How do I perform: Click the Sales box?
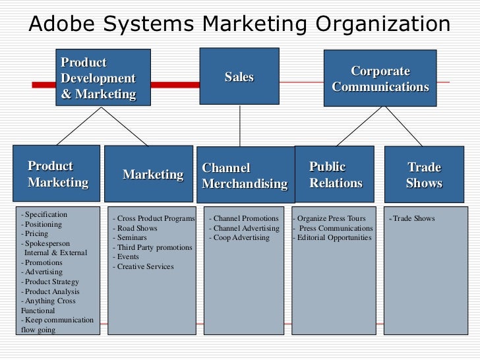[x=239, y=76]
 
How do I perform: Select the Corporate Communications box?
[x=380, y=78]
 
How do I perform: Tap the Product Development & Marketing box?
[x=102, y=78]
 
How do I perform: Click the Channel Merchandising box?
[x=245, y=175]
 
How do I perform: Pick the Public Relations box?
[x=334, y=174]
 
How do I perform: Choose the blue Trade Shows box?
[x=423, y=175]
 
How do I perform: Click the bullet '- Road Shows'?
[x=137, y=228]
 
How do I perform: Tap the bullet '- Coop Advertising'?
[x=239, y=237]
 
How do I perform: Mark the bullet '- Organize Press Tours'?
[x=329, y=218]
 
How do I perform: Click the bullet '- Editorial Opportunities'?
[x=332, y=237]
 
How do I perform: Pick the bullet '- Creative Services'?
[x=143, y=266]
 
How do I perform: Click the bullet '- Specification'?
[x=44, y=214]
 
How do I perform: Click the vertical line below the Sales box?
[x=239, y=125]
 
